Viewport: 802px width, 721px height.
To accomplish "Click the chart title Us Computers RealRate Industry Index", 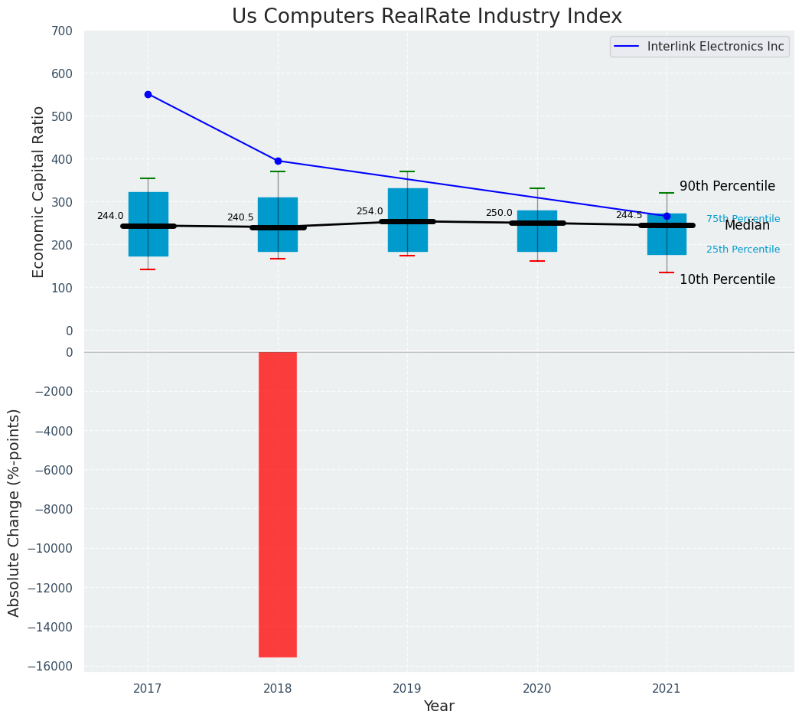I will [427, 17].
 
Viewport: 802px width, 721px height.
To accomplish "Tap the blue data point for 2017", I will [148, 94].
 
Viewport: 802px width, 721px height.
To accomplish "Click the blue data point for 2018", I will [278, 161].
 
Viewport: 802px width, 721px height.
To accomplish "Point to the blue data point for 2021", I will [667, 216].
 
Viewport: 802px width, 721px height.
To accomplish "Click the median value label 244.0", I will [110, 216].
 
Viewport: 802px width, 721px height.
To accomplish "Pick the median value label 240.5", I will [240, 217].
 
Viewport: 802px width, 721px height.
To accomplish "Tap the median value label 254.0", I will [370, 211].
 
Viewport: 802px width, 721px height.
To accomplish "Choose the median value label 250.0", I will [499, 213].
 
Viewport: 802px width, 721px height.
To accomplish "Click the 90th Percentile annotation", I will [727, 186].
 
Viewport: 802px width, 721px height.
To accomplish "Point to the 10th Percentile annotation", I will [727, 279].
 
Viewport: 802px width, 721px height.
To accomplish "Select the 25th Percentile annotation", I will [743, 250].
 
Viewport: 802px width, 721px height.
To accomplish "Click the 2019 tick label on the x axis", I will [407, 689].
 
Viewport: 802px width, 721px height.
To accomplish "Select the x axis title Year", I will [438, 706].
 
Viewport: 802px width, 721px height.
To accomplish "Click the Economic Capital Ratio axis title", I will [39, 191].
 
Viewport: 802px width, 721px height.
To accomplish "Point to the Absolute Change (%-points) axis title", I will [15, 512].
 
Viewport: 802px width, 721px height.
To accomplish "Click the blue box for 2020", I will [537, 231].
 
